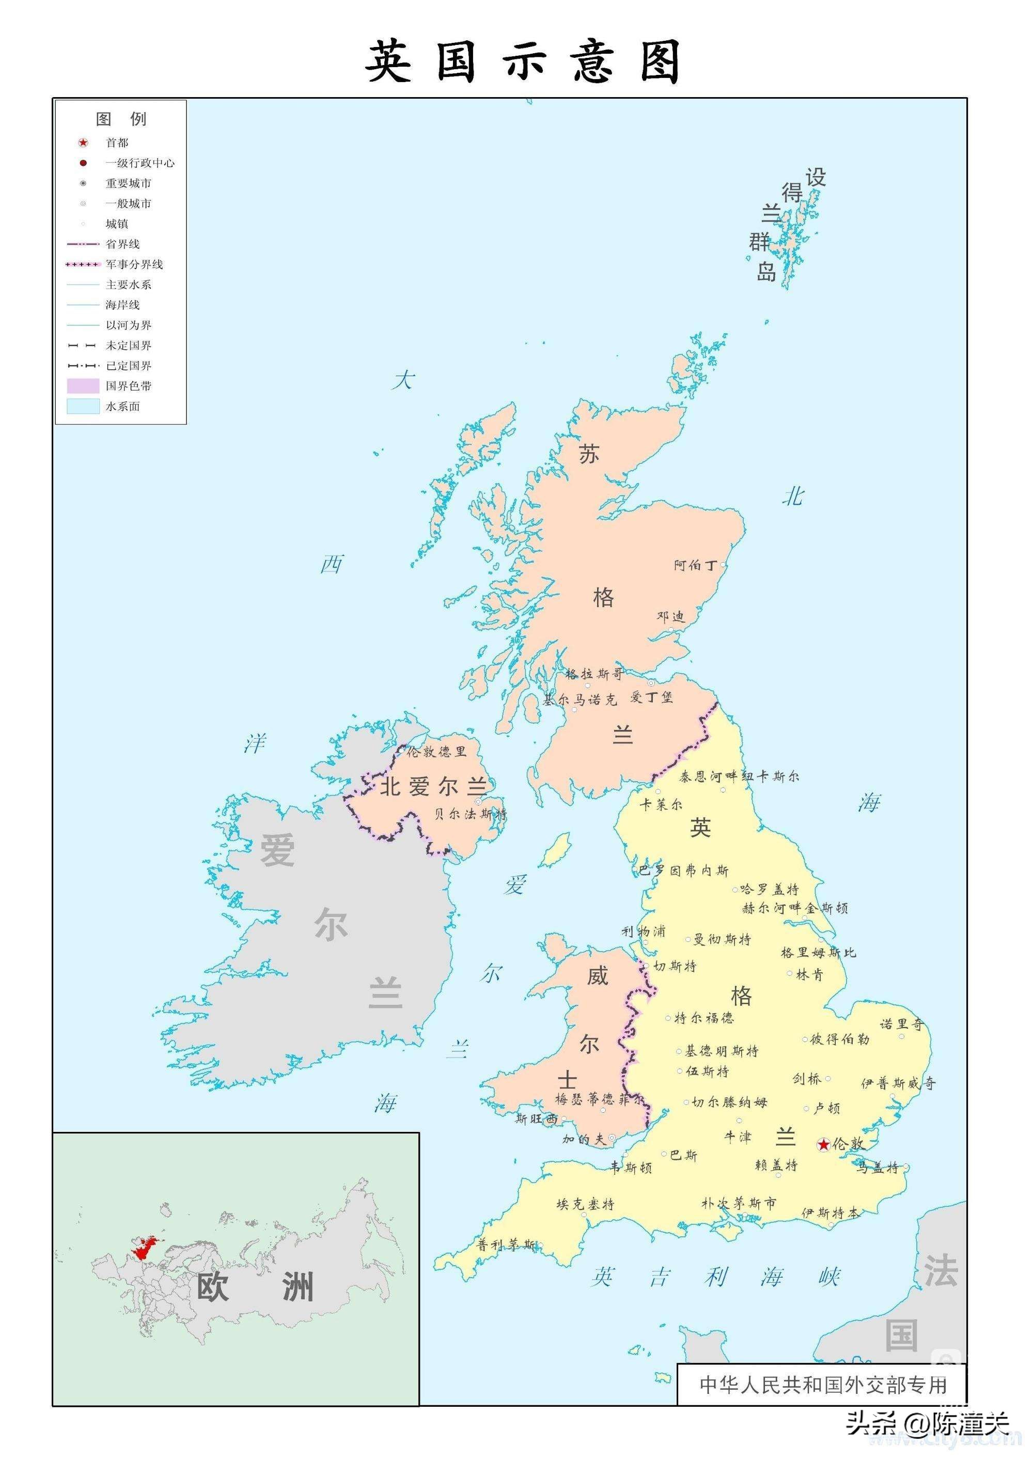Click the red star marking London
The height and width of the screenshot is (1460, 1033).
(x=824, y=1145)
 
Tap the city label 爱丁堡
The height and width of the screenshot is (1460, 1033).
(x=651, y=697)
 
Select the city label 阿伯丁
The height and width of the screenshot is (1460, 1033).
(x=695, y=565)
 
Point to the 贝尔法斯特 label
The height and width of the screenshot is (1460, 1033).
(x=470, y=814)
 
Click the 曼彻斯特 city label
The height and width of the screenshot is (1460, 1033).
(x=722, y=939)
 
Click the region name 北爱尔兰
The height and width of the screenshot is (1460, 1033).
(x=433, y=787)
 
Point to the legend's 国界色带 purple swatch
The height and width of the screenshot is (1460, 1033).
(x=83, y=385)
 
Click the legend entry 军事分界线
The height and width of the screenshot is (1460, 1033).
(x=134, y=264)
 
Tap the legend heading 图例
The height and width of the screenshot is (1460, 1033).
(x=121, y=119)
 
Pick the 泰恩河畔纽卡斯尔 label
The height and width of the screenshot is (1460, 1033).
(x=739, y=776)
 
